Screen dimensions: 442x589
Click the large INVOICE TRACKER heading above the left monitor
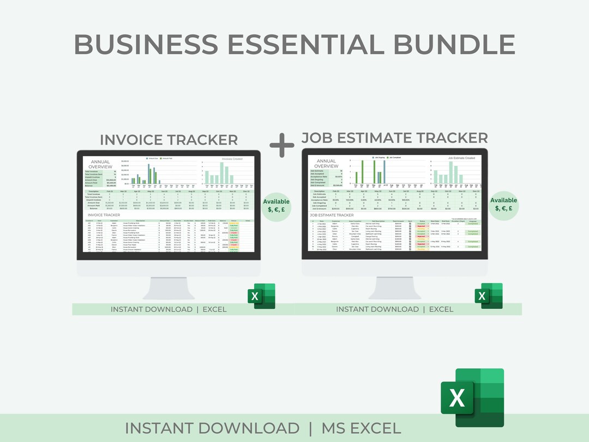pos(169,140)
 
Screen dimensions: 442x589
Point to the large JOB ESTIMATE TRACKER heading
pos(394,138)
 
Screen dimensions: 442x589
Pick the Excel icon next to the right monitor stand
pos(488,296)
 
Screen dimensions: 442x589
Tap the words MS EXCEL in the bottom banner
pos(361,428)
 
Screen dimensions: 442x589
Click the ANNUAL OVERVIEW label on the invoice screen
pos(100,164)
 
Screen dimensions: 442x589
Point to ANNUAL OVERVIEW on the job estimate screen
pos(326,164)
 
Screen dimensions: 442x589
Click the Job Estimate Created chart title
pos(461,158)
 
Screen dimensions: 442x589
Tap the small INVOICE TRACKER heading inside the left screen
pos(104,215)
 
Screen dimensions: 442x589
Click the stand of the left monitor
pos(169,288)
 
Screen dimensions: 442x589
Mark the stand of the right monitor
pos(394,288)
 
